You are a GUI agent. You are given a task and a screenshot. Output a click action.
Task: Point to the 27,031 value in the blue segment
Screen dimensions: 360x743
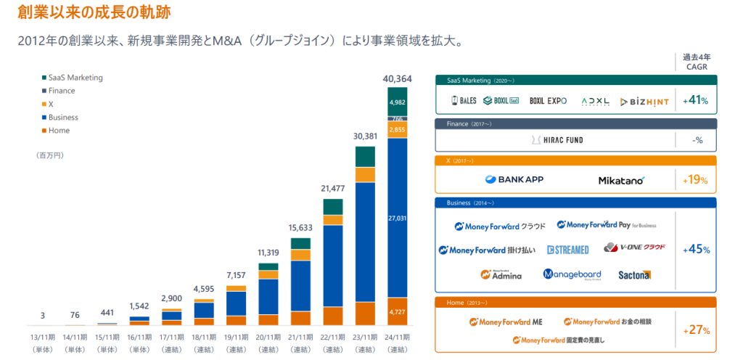tap(398, 217)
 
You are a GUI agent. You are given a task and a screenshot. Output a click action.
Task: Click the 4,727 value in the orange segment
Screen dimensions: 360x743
tap(398, 312)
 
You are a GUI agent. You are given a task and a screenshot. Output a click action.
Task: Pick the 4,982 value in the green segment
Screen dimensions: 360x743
tap(398, 102)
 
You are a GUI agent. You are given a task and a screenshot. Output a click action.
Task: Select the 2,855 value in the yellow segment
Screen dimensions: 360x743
tap(398, 130)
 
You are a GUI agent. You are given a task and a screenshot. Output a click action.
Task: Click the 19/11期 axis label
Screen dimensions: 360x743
tap(236, 337)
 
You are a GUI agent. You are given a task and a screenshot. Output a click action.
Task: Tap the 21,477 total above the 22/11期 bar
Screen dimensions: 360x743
tap(333, 189)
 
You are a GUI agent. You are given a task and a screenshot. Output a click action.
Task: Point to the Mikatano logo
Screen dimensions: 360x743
tap(621, 180)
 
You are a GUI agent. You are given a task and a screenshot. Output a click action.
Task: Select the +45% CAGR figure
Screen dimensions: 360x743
tap(696, 250)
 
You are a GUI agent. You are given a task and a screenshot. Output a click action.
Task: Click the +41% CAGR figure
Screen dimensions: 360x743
tap(696, 101)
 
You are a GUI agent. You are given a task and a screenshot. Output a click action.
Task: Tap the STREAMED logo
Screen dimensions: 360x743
tap(567, 250)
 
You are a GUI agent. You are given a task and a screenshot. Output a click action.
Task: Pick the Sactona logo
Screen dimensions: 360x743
tap(635, 275)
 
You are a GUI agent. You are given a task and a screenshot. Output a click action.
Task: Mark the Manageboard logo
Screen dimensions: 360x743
tap(572, 274)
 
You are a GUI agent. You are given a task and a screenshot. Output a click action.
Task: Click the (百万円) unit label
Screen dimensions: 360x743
tap(49, 155)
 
